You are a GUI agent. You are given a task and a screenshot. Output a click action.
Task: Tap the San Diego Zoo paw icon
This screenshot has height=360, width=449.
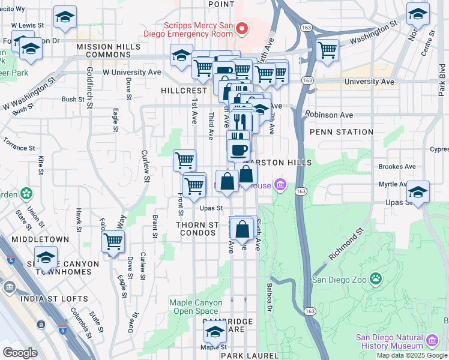[376, 279]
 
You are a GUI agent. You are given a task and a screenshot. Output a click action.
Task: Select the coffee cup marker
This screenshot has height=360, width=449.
[239, 149]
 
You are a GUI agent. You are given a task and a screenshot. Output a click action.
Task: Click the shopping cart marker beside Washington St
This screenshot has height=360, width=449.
[327, 50]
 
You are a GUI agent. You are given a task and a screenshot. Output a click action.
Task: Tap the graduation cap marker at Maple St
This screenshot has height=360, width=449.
[214, 331]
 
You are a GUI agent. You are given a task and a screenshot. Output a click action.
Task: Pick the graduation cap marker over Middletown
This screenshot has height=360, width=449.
[46, 257]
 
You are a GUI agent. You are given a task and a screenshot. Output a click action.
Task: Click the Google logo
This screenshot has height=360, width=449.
[20, 352]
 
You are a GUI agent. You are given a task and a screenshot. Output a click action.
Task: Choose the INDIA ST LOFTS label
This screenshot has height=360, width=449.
[54, 298]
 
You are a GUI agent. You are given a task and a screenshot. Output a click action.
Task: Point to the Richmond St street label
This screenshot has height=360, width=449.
[347, 244]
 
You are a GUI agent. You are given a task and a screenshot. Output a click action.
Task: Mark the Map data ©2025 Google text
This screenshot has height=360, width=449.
[411, 355]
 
